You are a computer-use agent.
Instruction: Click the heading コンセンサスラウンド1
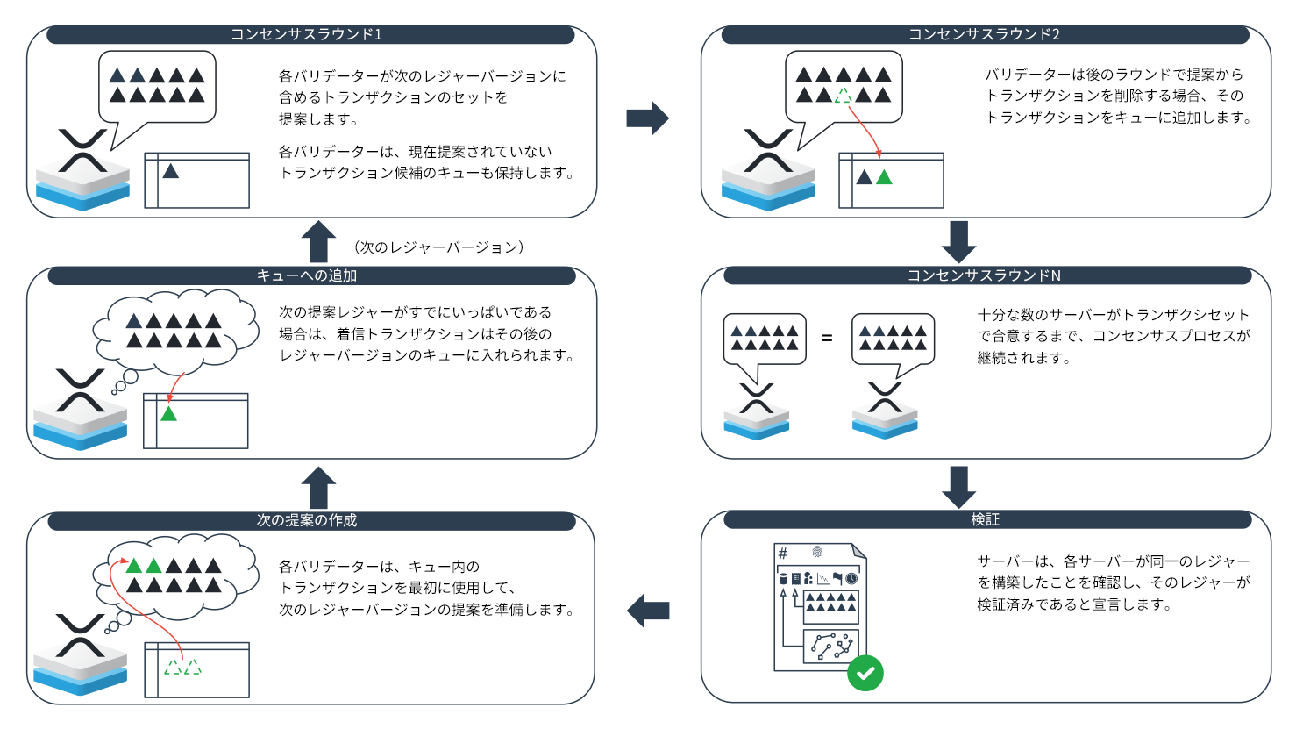point(306,34)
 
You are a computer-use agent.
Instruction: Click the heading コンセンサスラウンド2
point(984,34)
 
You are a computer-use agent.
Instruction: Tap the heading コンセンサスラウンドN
point(984,275)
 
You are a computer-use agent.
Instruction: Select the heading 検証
point(985,519)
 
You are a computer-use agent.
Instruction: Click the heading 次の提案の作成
point(306,520)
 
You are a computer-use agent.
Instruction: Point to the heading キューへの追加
point(306,275)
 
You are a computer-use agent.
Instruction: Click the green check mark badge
point(865,673)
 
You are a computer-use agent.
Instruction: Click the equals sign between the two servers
point(827,338)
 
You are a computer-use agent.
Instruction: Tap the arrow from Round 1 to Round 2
point(648,118)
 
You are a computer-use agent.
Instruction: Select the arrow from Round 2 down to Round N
point(958,241)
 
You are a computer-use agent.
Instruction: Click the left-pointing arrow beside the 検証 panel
point(648,611)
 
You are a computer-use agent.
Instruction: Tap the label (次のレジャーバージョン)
point(439,247)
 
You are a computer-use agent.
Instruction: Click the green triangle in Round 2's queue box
point(884,178)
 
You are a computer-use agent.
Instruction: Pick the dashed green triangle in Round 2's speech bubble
point(844,96)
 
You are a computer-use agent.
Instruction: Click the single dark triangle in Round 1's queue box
point(171,171)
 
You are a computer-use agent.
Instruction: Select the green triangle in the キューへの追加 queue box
point(168,413)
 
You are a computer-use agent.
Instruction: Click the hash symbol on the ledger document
point(783,554)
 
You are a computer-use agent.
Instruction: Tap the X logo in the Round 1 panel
point(82,150)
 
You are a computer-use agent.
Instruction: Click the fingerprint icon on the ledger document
point(817,552)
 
